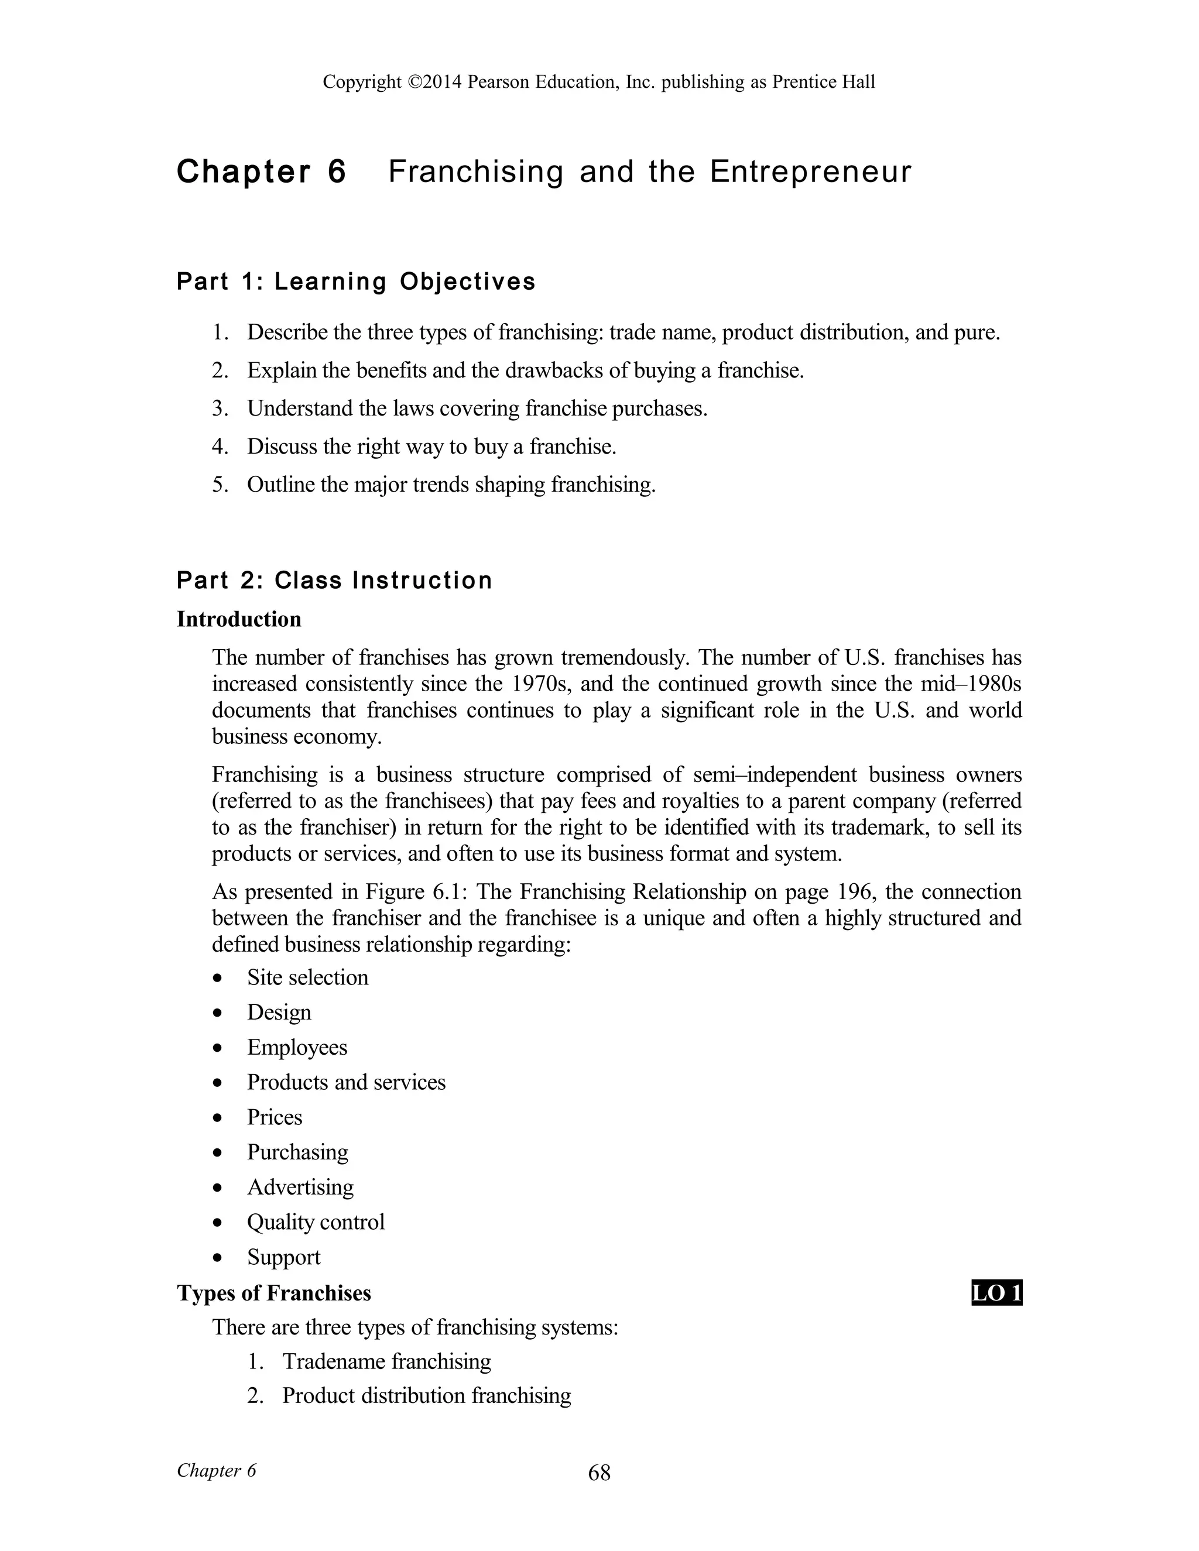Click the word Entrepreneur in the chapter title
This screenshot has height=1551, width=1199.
click(x=810, y=172)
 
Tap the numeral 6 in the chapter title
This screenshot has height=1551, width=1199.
click(x=337, y=172)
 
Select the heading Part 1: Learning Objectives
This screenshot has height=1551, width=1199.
click(x=356, y=282)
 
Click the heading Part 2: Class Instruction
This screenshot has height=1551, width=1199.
click(x=334, y=580)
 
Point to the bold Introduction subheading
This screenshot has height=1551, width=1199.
click(x=239, y=619)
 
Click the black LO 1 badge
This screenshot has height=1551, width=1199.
click(x=996, y=1293)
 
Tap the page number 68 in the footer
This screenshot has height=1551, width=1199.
click(x=599, y=1473)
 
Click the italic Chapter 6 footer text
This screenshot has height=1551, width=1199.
click(x=216, y=1470)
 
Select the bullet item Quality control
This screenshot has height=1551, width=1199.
click(x=316, y=1222)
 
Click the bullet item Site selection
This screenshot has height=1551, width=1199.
click(x=307, y=978)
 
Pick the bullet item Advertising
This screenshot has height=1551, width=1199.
click(x=300, y=1188)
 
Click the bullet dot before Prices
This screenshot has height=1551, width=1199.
click(x=217, y=1118)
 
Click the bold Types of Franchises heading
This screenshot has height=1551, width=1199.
click(x=273, y=1293)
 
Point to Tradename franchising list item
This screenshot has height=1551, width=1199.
click(x=386, y=1361)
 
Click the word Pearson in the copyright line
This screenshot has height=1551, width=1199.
click(x=498, y=83)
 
